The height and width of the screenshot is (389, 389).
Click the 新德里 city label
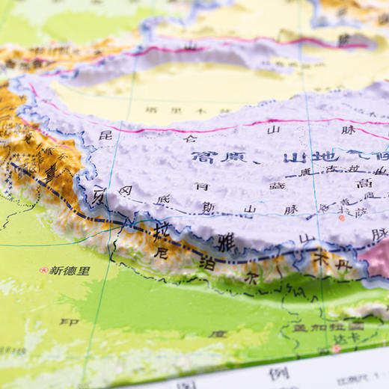(70, 270)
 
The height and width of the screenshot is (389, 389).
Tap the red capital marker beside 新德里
(43, 270)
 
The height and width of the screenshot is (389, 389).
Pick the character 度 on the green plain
(217, 334)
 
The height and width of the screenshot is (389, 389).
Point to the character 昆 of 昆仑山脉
(105, 135)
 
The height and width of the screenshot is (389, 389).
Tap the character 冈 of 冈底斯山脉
(125, 191)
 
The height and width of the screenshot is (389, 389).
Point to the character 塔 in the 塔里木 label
(151, 110)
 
